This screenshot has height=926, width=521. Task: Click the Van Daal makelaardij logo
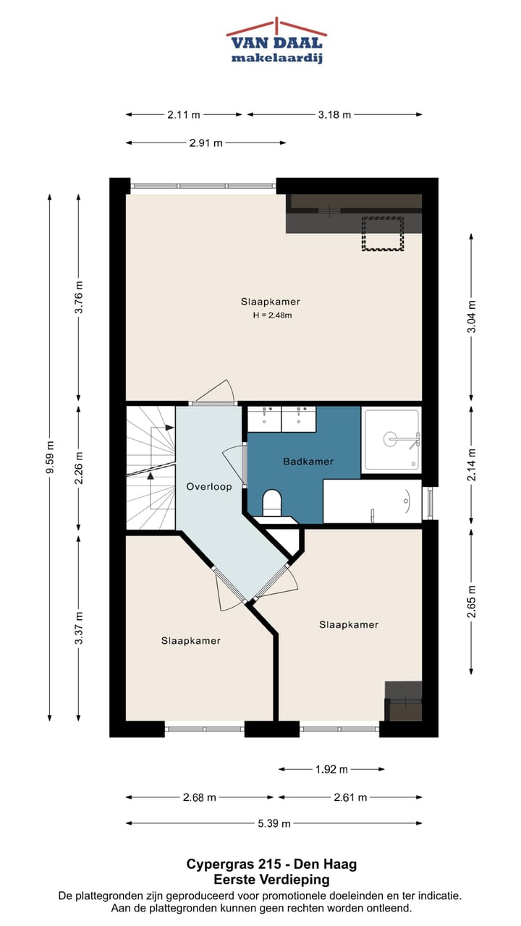[x=276, y=41]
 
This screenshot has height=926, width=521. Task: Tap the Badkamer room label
[x=308, y=462]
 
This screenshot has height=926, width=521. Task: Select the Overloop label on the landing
[x=209, y=487]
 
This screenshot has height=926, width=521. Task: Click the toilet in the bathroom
[x=272, y=503]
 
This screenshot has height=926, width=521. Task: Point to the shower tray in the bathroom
[x=391, y=440]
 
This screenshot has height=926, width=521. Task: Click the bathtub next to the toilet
[x=372, y=501]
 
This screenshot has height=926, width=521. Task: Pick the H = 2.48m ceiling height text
[x=273, y=315]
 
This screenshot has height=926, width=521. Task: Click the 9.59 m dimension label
[x=50, y=458]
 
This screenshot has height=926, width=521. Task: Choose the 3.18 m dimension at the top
[x=334, y=114]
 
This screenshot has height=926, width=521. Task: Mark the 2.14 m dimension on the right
[x=471, y=464]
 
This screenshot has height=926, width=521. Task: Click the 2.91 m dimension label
[x=206, y=143]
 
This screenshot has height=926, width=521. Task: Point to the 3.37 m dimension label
[x=79, y=628]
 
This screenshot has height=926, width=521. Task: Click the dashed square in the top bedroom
[x=383, y=234]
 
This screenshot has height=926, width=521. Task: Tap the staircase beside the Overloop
[x=151, y=468]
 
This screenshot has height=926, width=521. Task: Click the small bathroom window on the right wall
[x=430, y=504]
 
